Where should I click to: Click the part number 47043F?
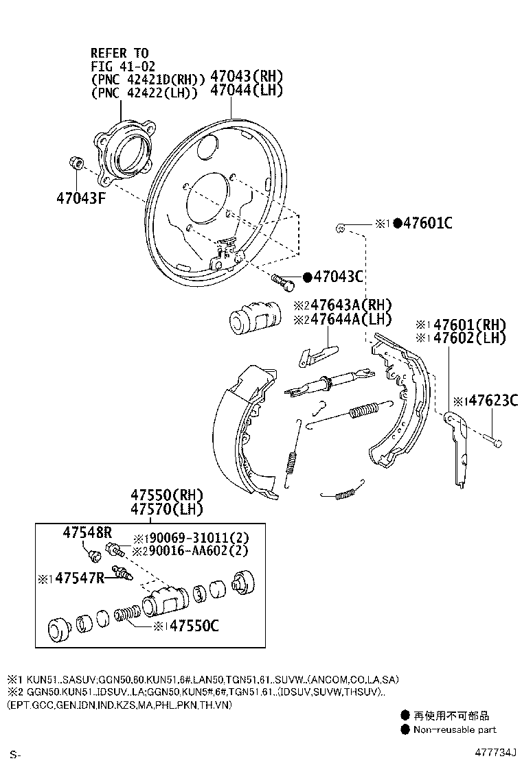(x=81, y=198)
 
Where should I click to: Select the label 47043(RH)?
(x=247, y=76)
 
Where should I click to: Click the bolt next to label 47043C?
(x=283, y=281)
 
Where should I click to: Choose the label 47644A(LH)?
(x=351, y=320)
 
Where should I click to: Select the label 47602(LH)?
(x=469, y=337)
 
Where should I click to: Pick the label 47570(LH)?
(x=166, y=510)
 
